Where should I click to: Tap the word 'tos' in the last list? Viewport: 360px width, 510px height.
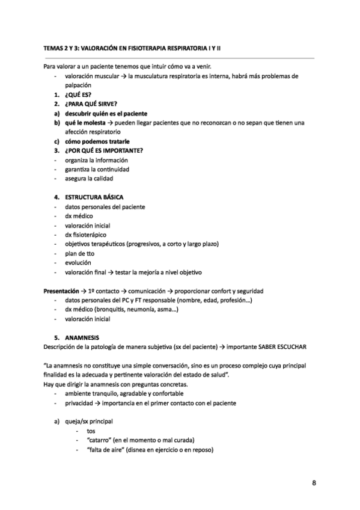pyautogui.click(x=91, y=431)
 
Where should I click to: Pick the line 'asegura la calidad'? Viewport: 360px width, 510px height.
pyautogui.click(x=88, y=179)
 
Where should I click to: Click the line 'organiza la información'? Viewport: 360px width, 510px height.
pyautogui.click(x=96, y=160)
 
